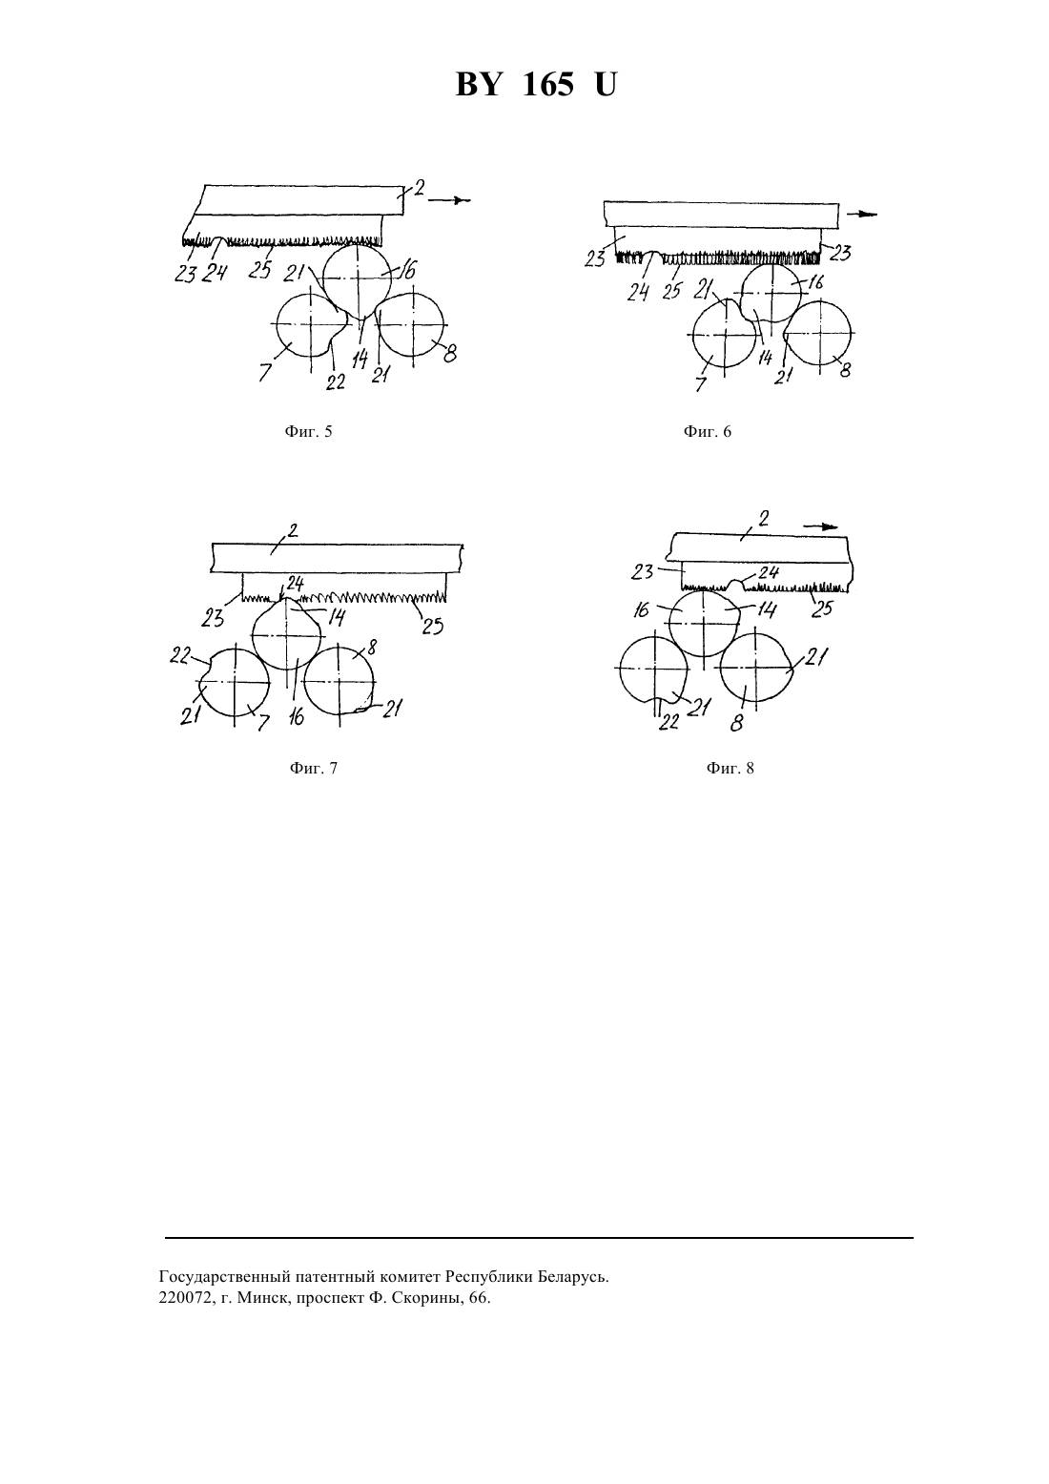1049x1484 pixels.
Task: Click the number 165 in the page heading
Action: [x=547, y=86]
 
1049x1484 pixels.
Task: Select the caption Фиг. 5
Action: [x=308, y=432]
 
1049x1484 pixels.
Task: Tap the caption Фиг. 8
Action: [x=730, y=769]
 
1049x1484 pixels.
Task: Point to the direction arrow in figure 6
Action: [x=861, y=215]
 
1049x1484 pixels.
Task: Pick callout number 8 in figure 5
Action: [x=450, y=354]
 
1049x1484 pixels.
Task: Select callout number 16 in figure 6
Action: [x=816, y=282]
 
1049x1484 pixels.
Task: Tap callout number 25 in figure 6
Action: [x=671, y=291]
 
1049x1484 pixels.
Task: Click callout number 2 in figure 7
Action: [x=292, y=530]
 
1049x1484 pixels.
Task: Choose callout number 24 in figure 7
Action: [x=295, y=583]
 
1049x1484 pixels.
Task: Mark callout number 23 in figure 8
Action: [x=642, y=572]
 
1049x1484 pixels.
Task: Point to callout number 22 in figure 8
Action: [x=668, y=721]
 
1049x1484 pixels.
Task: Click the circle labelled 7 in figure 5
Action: [x=310, y=324]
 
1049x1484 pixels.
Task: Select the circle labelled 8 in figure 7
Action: [x=340, y=680]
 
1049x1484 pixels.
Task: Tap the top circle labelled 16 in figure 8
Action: [x=704, y=623]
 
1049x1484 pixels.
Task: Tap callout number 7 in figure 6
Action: [x=701, y=384]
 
